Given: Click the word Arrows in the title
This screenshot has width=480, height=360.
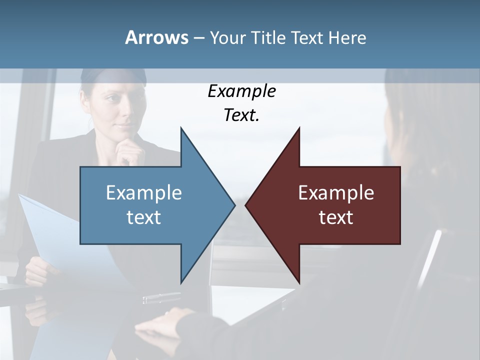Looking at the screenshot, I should pos(156,37).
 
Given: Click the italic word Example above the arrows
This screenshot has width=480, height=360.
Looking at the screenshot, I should pos(241,91).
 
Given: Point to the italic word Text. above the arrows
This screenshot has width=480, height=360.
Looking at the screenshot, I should pos(241,115).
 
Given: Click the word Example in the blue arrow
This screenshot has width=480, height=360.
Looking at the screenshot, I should pos(144,193).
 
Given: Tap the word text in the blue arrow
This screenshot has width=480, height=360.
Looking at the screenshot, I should pos(144,217).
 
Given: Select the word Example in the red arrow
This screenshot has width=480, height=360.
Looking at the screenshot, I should pos(336,193).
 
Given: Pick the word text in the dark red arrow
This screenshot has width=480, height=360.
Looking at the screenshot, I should pos(336,217).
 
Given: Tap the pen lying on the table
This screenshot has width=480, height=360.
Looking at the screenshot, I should pos(161,298).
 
